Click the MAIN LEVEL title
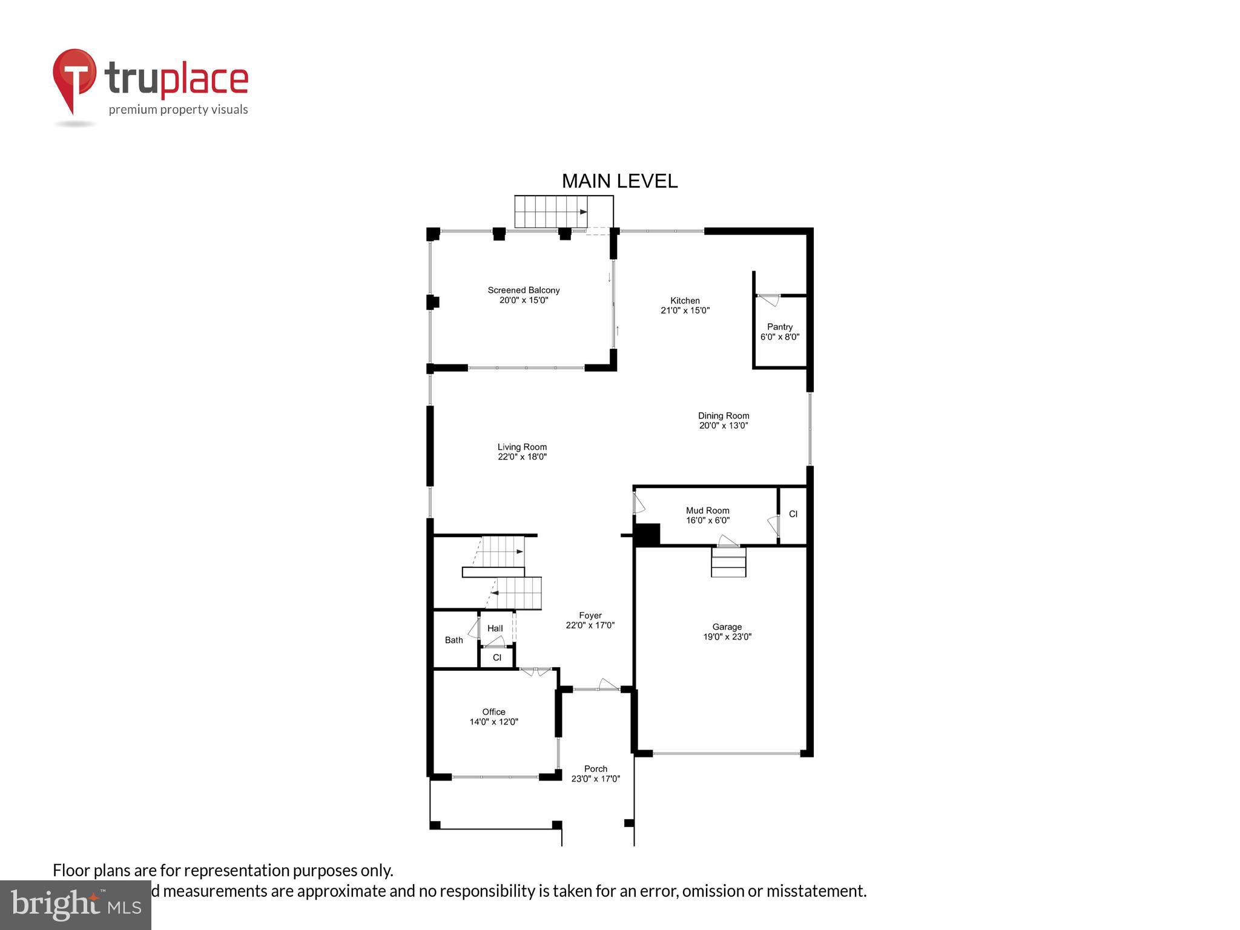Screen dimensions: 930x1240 (x=619, y=181)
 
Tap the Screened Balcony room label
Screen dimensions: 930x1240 (x=524, y=295)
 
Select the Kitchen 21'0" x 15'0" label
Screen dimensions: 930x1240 (x=685, y=305)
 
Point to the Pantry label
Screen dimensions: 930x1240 (x=780, y=331)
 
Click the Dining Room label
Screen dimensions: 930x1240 (x=724, y=420)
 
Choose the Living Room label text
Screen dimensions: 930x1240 (x=522, y=452)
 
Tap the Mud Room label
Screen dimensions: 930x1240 (x=707, y=515)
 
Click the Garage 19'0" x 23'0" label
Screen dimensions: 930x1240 (x=727, y=632)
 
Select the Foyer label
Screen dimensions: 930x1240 (x=590, y=620)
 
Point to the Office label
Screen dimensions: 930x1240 (x=493, y=716)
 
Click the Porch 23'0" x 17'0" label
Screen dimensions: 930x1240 (x=596, y=774)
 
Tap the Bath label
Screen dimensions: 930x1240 (x=453, y=640)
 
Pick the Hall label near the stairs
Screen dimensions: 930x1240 (x=495, y=628)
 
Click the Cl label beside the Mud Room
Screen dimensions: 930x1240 (x=793, y=514)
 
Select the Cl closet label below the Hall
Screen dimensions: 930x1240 (x=497, y=658)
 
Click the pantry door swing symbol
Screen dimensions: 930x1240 (x=770, y=299)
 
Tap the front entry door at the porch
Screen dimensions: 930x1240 (x=607, y=685)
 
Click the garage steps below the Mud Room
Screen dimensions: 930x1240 (x=728, y=562)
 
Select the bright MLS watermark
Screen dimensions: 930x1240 (x=76, y=905)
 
